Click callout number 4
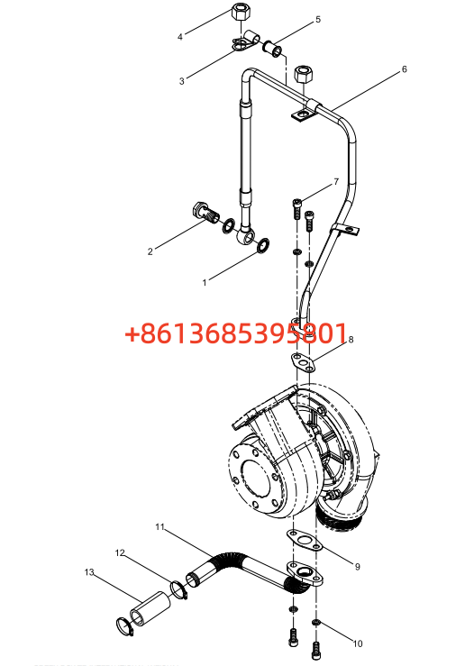[180, 37]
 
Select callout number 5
[318, 19]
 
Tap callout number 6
[405, 68]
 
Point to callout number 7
[336, 182]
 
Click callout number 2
[150, 251]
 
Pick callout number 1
[205, 282]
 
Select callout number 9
[358, 566]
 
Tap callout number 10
[358, 643]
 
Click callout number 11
[160, 526]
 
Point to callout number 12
[120, 552]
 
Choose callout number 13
[89, 572]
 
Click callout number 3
[182, 81]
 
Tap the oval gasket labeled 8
[304, 363]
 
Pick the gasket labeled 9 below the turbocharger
[303, 540]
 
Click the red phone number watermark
[236, 333]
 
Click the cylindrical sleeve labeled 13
[150, 607]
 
